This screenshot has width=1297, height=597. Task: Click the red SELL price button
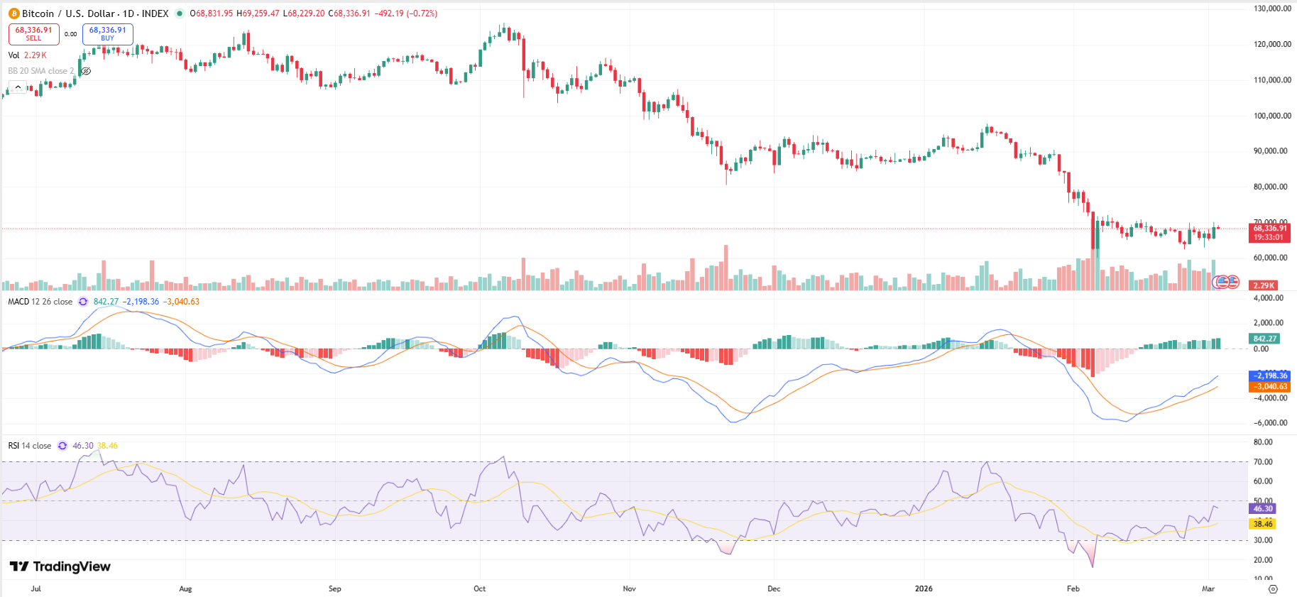tap(33, 33)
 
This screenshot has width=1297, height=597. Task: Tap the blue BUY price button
tap(107, 33)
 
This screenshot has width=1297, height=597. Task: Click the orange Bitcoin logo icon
tap(13, 13)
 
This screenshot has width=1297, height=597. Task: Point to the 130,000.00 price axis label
tap(1272, 9)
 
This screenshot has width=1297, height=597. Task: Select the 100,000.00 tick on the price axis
tap(1272, 116)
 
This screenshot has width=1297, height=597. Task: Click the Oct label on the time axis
tap(480, 588)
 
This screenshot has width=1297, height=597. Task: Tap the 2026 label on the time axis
tap(924, 588)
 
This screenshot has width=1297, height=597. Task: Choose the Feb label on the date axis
tap(1073, 588)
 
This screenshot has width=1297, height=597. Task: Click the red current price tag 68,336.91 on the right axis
tap(1269, 229)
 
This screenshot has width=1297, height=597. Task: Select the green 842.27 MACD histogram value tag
tap(1264, 339)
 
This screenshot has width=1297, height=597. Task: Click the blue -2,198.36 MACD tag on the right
tap(1269, 376)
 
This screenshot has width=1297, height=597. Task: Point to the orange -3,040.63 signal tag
tap(1269, 387)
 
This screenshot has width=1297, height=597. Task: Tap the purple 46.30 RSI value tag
tap(1262, 508)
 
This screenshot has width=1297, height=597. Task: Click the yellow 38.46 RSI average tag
tap(1262, 524)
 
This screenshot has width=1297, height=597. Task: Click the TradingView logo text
tap(60, 566)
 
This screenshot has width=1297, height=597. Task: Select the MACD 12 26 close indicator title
tap(40, 302)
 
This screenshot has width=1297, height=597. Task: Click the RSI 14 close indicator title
tap(30, 446)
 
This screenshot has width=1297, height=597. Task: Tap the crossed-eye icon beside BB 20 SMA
tap(85, 71)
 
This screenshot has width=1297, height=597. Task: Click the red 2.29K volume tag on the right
tap(1263, 285)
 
